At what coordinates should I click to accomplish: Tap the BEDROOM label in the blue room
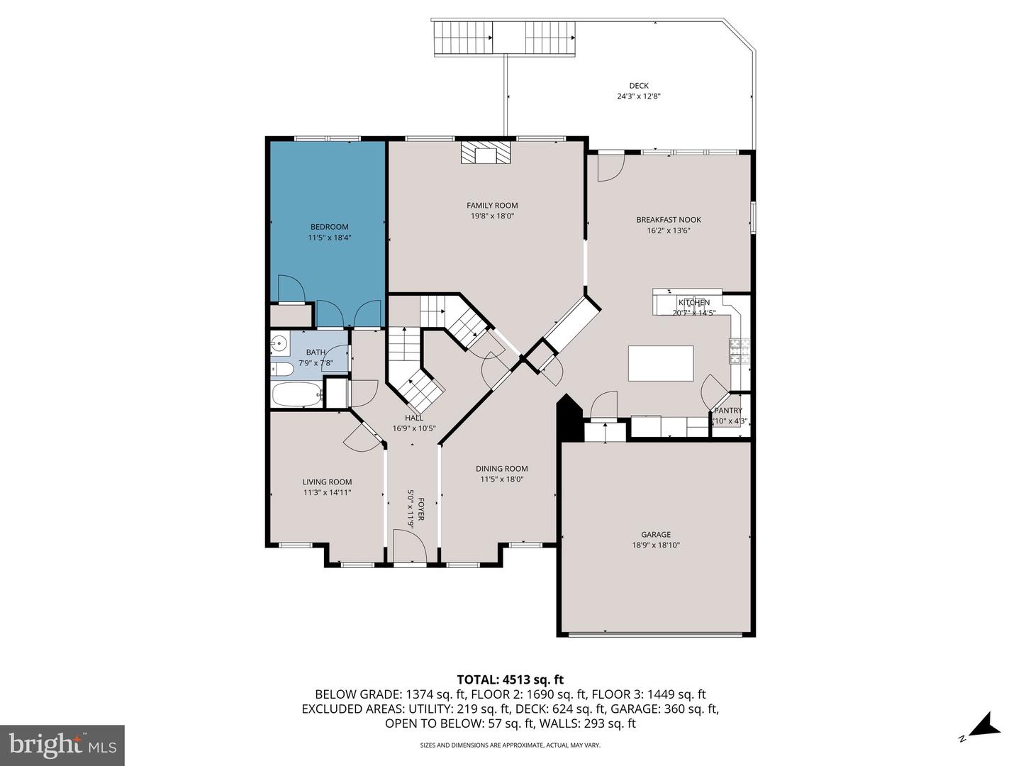tap(329, 227)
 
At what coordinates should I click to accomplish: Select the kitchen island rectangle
tap(661, 363)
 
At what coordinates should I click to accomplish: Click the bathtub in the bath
tap(296, 395)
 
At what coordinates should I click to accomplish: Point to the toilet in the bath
tap(281, 370)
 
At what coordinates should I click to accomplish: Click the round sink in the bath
tap(279, 345)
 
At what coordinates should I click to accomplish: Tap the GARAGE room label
tap(656, 535)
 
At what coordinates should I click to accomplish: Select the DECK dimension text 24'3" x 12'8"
tap(638, 96)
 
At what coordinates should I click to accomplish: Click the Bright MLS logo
tap(62, 745)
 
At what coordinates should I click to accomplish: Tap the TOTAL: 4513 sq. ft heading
tap(510, 680)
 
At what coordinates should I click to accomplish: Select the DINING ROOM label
tap(501, 469)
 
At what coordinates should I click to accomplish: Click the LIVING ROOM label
tap(327, 482)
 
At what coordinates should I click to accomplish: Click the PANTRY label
tap(728, 411)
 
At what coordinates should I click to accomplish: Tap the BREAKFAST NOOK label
tap(668, 220)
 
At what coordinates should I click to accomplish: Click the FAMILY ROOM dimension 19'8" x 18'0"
tap(492, 216)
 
